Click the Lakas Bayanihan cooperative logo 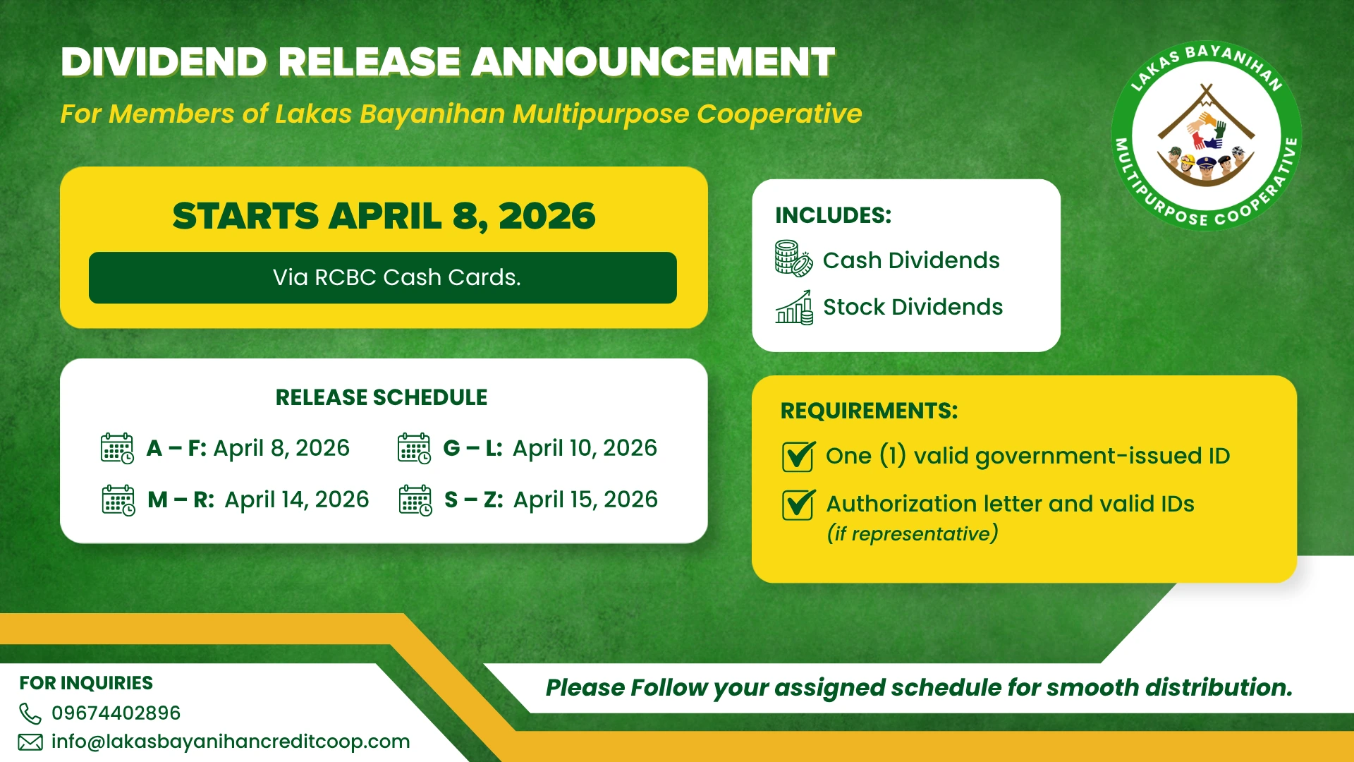tap(1206, 135)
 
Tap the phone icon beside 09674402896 tap(30, 713)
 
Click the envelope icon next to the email tap(30, 742)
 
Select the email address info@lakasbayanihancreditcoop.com tap(231, 742)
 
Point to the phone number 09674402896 tap(116, 713)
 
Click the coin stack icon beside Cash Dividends tap(793, 258)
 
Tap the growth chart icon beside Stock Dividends tap(794, 307)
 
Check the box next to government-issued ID tap(798, 456)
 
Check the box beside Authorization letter tap(798, 504)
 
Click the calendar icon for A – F tap(117, 449)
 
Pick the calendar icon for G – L tap(414, 449)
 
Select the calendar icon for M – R tap(118, 500)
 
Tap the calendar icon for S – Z tap(415, 500)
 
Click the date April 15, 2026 tap(585, 500)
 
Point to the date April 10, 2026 tap(585, 448)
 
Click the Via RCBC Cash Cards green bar tap(383, 278)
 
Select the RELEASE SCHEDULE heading tap(382, 397)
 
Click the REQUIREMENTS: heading tap(869, 411)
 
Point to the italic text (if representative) tap(913, 533)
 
